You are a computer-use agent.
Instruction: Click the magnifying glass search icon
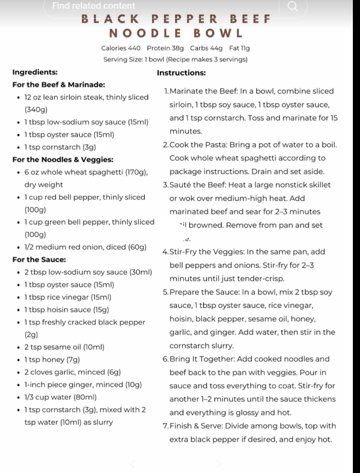point(292,6)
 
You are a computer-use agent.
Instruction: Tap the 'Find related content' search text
point(93,5)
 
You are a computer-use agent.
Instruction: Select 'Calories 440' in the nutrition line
point(121,48)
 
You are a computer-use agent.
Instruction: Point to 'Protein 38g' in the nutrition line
point(165,48)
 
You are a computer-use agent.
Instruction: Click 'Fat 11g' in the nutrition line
point(240,48)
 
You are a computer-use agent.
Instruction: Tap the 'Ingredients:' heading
point(35,72)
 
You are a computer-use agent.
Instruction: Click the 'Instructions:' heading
point(181,72)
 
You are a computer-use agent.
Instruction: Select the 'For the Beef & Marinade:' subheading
point(59,85)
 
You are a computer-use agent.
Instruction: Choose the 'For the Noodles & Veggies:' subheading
point(63,160)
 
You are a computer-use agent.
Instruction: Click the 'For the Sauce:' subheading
point(39,260)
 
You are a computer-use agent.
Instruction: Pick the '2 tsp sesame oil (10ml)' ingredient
point(64,347)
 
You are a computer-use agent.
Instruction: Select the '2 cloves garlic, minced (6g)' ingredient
point(72,372)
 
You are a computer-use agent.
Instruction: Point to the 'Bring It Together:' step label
point(203,359)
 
